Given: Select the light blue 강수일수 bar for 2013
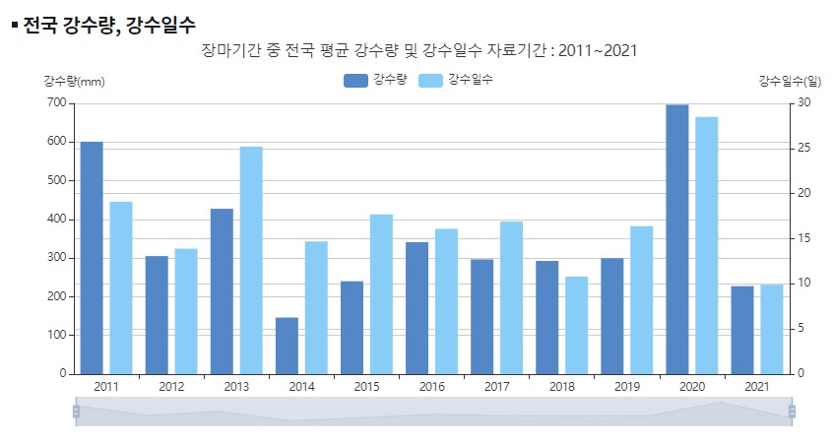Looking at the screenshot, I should [x=251, y=261].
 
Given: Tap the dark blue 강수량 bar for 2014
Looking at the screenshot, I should [x=287, y=346].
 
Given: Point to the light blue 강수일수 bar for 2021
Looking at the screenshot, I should [x=771, y=329].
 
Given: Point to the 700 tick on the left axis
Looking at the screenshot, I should [x=55, y=102].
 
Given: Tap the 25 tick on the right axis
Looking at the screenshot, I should [x=803, y=148].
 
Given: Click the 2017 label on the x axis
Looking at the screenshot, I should [x=496, y=387].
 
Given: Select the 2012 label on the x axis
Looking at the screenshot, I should [x=171, y=387].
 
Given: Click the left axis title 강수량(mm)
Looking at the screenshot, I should [x=74, y=81].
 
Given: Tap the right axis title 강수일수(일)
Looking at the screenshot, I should [x=790, y=81].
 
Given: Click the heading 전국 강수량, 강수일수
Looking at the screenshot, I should [x=108, y=25].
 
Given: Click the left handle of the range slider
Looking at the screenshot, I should [x=76, y=412].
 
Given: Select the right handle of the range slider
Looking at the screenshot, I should [x=792, y=412].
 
